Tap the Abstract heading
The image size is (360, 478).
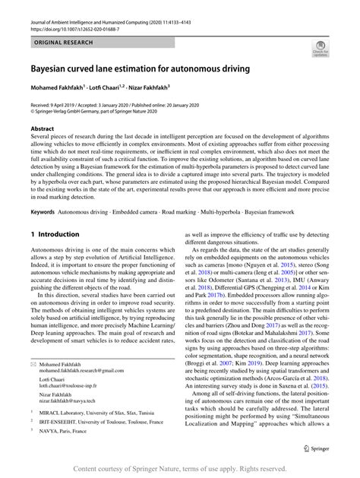43,129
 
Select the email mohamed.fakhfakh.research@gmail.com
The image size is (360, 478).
81,370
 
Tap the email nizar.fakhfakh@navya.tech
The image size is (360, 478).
68,400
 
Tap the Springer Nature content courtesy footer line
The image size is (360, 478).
180,469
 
